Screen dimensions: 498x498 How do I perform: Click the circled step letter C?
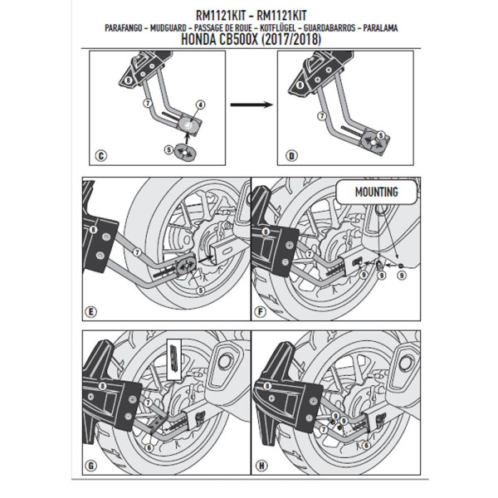coord(101,155)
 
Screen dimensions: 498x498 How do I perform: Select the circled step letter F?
coord(260,311)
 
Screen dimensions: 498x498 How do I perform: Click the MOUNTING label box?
coord(370,193)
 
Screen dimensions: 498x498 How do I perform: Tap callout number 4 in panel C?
coord(200,105)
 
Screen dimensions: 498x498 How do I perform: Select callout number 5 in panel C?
coord(169,149)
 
